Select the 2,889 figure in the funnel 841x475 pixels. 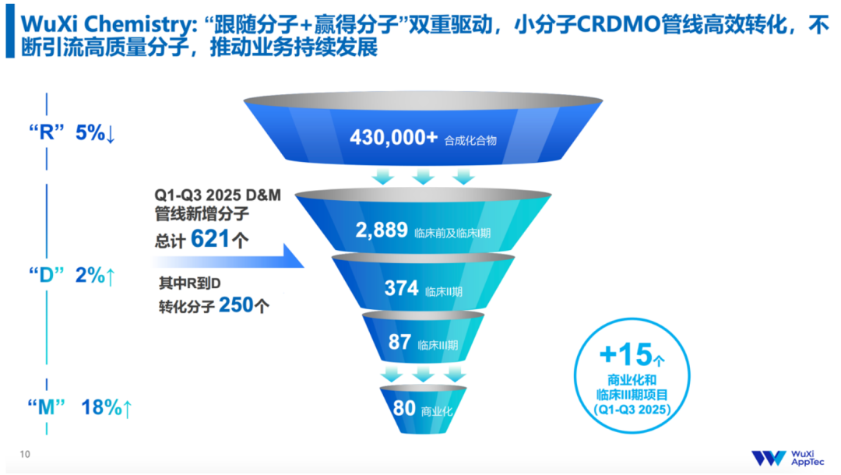pos(382,230)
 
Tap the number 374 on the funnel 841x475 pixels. pos(402,288)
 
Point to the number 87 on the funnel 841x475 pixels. pos(399,343)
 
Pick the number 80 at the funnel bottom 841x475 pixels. pos(404,407)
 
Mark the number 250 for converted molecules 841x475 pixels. pos(236,306)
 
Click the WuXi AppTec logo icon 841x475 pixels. pos(769,458)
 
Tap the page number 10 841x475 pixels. pos(25,455)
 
